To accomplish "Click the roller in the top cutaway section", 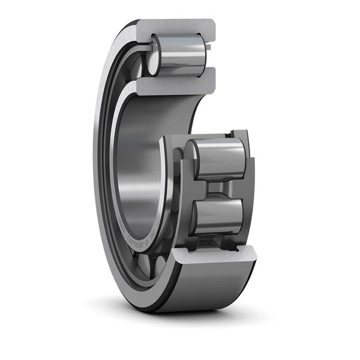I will point(180,54).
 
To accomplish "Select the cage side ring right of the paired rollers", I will point(248,186).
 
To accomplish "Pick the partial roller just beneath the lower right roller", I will point(216,241).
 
